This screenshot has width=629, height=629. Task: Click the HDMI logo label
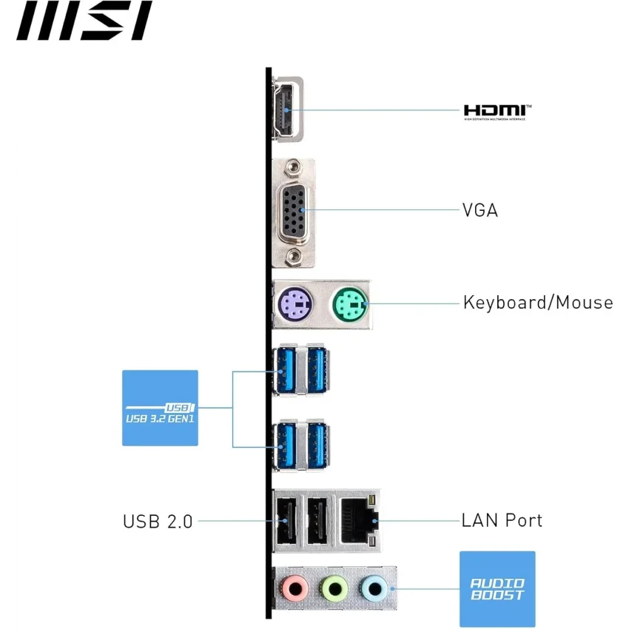click(x=497, y=111)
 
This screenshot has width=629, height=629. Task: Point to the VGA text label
click(x=480, y=210)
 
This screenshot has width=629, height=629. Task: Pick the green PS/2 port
click(x=347, y=303)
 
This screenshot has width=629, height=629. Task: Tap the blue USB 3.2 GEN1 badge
click(x=160, y=408)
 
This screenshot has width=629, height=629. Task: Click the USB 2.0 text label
click(x=158, y=521)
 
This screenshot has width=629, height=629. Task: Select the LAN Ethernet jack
click(x=359, y=520)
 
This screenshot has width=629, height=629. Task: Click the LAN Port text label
click(x=502, y=520)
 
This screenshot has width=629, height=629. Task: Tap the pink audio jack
click(x=295, y=590)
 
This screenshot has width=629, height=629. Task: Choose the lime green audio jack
click(x=334, y=590)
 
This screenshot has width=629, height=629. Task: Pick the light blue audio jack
click(x=374, y=590)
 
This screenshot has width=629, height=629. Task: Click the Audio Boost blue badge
click(x=497, y=589)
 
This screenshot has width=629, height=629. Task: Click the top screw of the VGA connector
click(x=294, y=169)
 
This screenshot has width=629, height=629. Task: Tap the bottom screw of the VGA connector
click(x=294, y=255)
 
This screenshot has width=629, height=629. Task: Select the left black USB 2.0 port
click(x=286, y=520)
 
